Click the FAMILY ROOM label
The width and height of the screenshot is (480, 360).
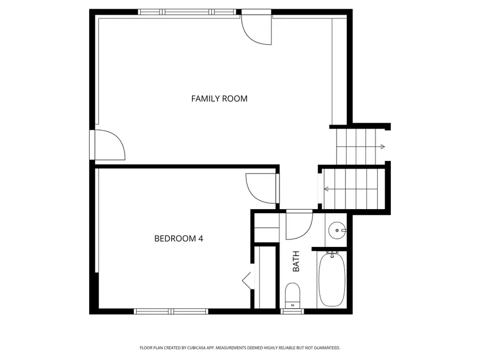[219, 99]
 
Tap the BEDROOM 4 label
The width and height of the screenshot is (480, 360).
[178, 238]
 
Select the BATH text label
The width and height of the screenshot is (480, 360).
[296, 261]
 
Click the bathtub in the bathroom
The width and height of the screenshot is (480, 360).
[332, 279]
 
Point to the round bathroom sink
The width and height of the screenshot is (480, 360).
[337, 231]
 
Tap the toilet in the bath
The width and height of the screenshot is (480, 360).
[292, 294]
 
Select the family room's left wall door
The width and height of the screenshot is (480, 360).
[109, 145]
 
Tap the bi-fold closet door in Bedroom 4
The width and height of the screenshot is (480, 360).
[247, 280]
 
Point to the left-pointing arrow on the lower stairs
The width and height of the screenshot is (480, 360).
[326, 189]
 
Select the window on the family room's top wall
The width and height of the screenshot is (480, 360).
[187, 12]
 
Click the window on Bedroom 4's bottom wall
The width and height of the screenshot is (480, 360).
[171, 311]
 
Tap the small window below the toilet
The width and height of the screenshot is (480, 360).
[292, 311]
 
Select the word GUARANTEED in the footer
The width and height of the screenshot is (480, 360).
[325, 348]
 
